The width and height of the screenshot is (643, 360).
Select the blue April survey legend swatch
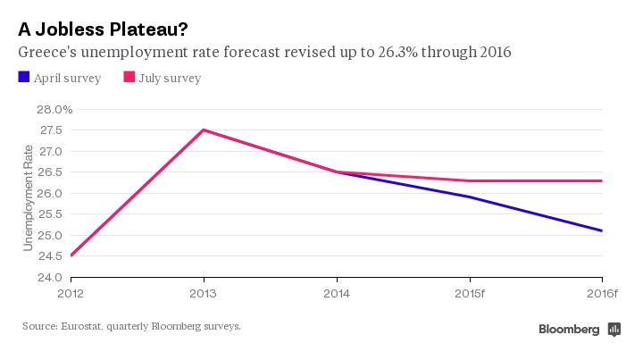tap(24, 78)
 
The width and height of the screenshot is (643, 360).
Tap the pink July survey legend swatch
tap(129, 78)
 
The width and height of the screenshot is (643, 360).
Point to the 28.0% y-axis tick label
tap(54, 109)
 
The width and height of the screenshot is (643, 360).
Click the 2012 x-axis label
tap(71, 292)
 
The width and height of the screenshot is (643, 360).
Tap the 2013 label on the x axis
tap(204, 292)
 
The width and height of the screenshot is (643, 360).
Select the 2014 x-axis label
tap(337, 292)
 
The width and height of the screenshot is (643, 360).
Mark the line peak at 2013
tap(204, 130)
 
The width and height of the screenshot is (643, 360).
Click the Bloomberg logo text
tap(569, 329)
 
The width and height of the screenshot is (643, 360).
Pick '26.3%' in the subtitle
tap(397, 53)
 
